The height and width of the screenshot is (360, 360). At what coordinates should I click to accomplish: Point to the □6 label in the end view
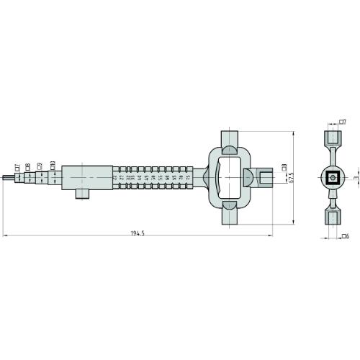[x=345, y=235]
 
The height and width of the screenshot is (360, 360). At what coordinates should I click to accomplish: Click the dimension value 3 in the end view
[x=355, y=176]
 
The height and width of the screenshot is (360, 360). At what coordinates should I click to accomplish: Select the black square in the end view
[x=333, y=177]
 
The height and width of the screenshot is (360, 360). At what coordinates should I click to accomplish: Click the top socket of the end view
[x=333, y=136]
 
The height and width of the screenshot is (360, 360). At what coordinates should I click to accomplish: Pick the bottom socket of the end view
[x=333, y=217]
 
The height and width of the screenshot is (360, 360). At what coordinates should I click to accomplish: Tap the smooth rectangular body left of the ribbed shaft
[x=86, y=176]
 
